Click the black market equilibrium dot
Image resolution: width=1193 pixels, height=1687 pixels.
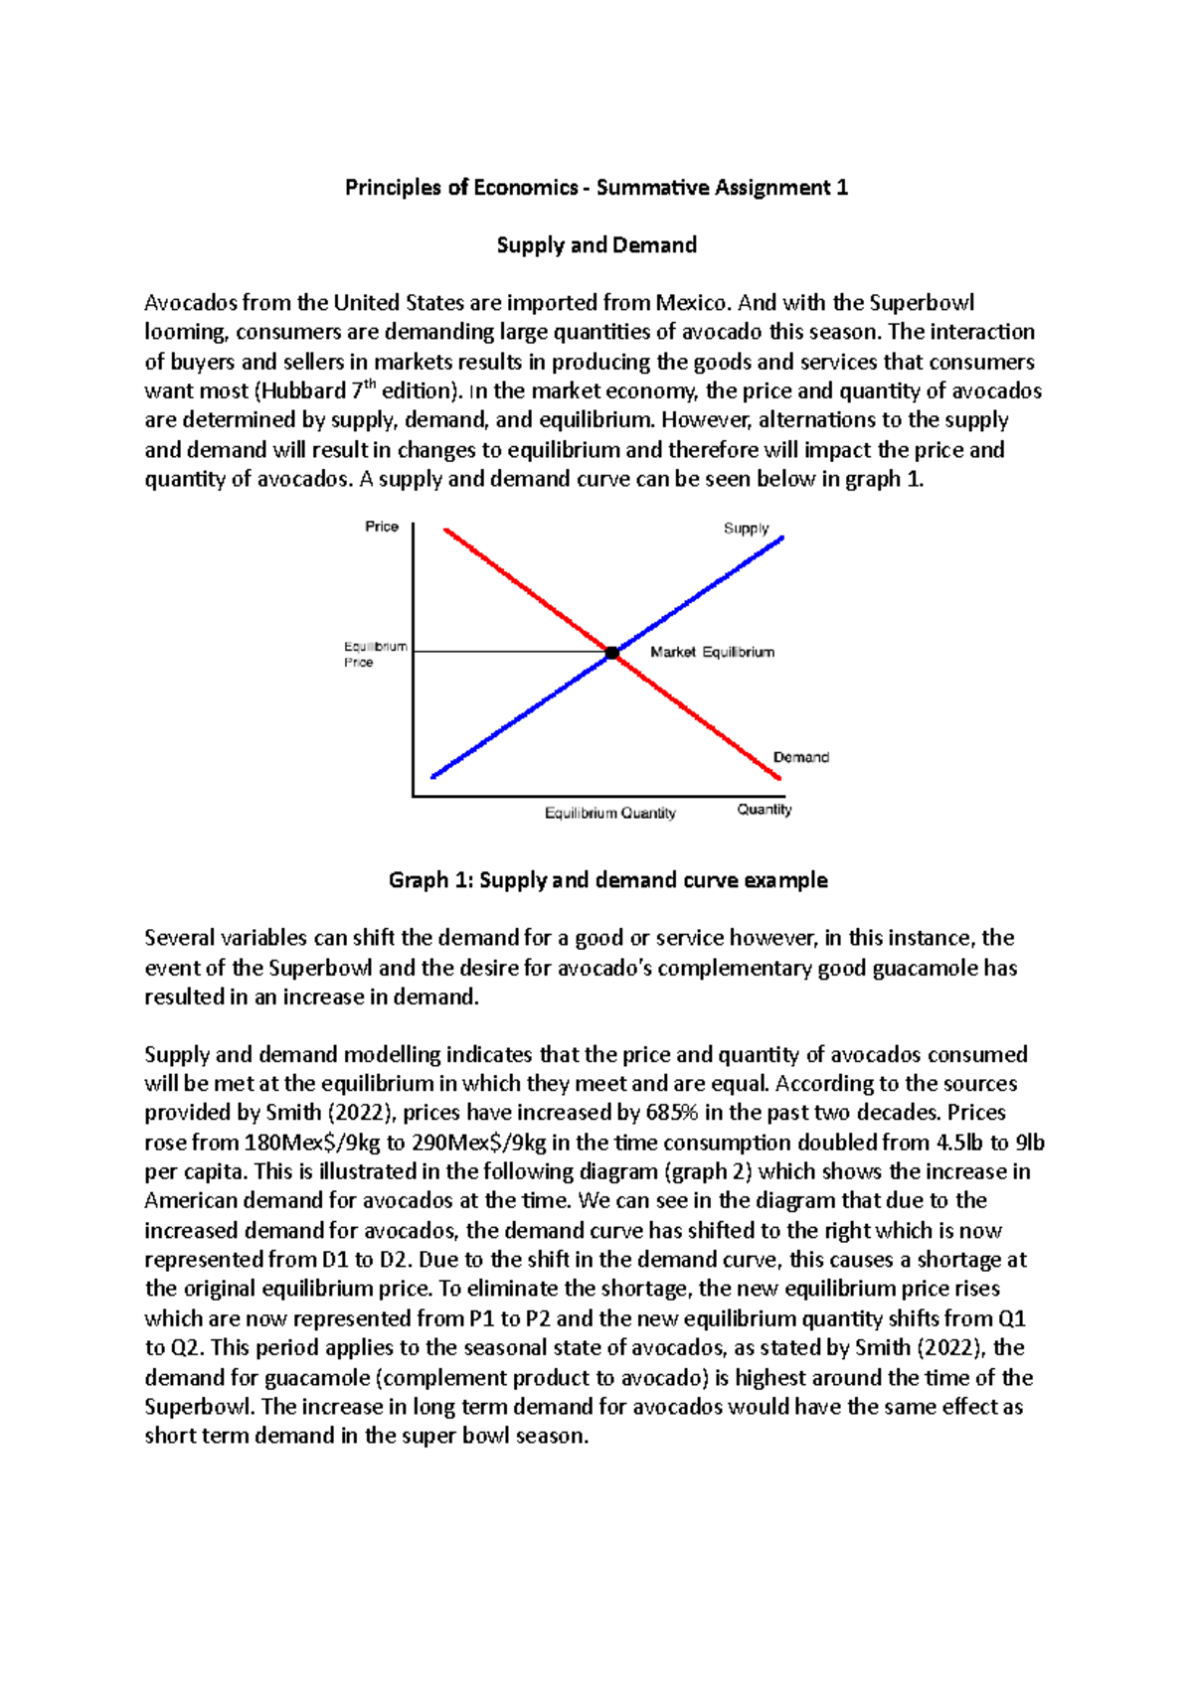point(612,653)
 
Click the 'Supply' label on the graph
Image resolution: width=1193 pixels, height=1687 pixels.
point(746,529)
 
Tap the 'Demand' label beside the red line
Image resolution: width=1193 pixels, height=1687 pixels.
point(800,757)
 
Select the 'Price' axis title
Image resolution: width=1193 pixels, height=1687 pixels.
point(382,527)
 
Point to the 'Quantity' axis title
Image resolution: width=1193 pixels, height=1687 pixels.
point(764,810)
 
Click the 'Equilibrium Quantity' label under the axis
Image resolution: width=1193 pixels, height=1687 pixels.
point(609,813)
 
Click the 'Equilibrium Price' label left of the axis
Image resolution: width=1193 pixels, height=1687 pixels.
point(374,654)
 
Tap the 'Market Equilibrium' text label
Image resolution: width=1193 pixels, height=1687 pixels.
point(712,652)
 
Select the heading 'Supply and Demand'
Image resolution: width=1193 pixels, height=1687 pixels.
point(596,245)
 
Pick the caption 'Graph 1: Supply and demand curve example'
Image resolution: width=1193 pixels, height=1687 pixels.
point(607,880)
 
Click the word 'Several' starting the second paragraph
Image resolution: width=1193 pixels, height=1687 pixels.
point(179,938)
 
